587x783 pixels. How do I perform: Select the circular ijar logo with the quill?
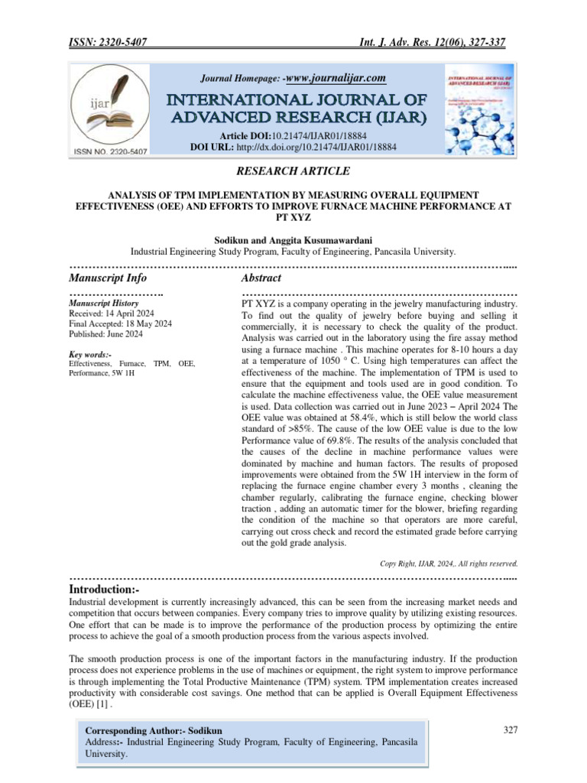point(106,106)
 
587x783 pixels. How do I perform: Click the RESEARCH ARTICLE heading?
point(293,171)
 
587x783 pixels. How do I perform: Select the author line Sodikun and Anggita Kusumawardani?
point(293,239)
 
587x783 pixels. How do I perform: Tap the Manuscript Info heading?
point(108,278)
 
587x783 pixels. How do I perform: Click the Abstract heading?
point(261,278)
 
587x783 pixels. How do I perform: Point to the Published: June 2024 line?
point(105,334)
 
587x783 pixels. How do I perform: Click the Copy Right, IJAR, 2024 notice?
point(449,564)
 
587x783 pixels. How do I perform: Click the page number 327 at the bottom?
point(511,730)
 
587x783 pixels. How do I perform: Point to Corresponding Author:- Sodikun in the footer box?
point(150,730)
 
